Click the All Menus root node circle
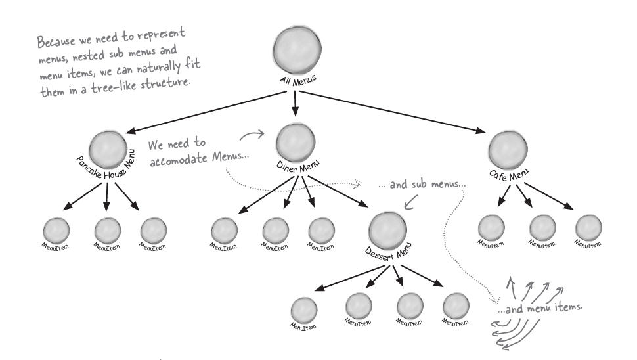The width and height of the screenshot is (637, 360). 297,51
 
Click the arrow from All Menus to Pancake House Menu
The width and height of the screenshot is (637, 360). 204,112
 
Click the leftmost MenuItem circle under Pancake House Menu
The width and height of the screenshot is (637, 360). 56,230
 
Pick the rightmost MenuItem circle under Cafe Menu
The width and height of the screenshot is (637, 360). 588,227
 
